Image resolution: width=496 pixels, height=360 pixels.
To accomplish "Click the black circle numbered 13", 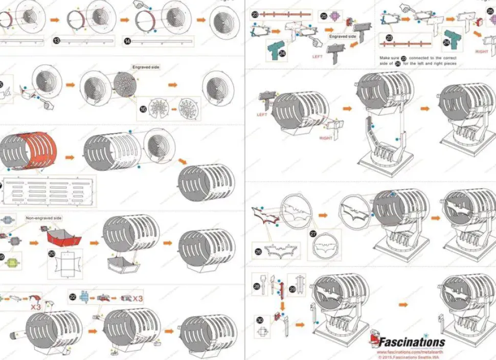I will click(56, 40).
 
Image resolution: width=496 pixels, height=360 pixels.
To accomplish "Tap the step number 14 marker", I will click(127, 40).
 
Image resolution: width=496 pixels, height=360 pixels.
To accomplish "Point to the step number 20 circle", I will click(52, 253).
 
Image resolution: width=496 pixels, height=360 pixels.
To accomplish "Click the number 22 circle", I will click(73, 297).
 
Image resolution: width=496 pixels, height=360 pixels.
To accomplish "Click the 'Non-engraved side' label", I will click(44, 218).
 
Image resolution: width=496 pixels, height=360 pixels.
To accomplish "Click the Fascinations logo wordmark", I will click(411, 342).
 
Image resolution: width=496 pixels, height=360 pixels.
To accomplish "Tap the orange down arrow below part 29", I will click(281, 305).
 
